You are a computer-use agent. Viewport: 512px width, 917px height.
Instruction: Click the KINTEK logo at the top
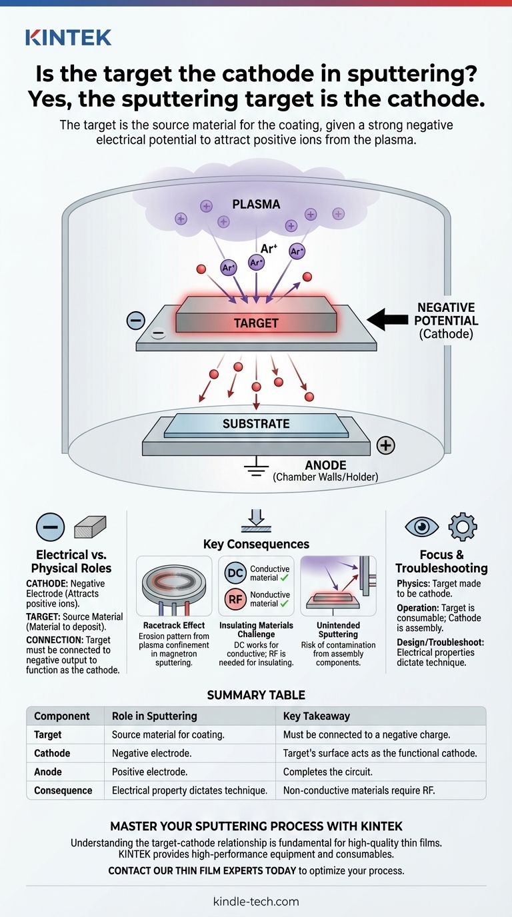click(68, 38)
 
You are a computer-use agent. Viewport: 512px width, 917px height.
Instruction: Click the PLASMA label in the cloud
click(256, 203)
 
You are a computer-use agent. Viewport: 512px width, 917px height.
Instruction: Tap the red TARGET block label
click(256, 323)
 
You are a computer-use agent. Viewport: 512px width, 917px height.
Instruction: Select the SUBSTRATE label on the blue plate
click(256, 424)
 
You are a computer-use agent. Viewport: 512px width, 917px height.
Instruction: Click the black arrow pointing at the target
click(386, 319)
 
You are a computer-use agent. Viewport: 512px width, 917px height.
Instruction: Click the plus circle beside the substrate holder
click(385, 446)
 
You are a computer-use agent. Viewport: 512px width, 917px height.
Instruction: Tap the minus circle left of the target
click(135, 321)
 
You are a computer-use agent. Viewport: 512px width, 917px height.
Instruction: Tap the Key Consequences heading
click(256, 544)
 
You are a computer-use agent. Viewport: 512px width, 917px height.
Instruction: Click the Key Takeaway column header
click(313, 716)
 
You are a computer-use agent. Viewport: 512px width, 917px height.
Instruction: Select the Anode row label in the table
click(48, 772)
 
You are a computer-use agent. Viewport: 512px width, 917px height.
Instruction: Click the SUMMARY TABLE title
click(256, 694)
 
